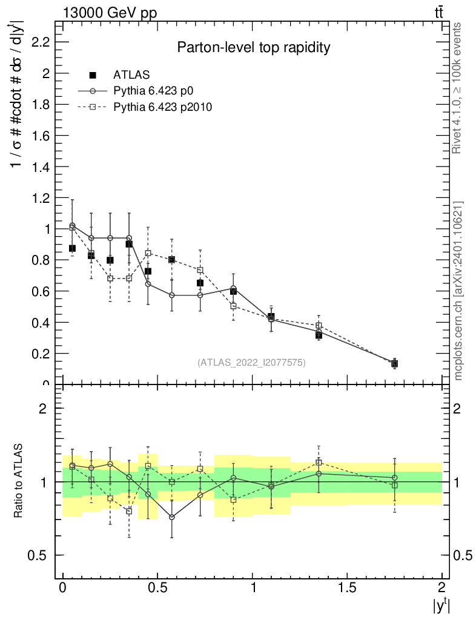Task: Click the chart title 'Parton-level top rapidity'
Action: click(253, 48)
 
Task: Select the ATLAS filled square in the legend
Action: click(93, 75)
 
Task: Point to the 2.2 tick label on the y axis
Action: click(40, 42)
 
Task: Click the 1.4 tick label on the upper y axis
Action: click(40, 167)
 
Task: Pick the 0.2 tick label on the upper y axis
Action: click(40, 353)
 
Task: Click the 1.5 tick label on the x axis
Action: click(347, 588)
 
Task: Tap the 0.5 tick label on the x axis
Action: click(157, 588)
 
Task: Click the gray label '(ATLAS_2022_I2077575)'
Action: click(251, 363)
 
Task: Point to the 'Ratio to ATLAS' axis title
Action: click(19, 482)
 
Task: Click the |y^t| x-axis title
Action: click(441, 605)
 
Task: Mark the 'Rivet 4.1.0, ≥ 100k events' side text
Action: click(457, 88)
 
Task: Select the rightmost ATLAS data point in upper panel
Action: click(394, 363)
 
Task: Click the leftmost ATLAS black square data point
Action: click(72, 248)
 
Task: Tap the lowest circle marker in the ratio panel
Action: click(172, 517)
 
